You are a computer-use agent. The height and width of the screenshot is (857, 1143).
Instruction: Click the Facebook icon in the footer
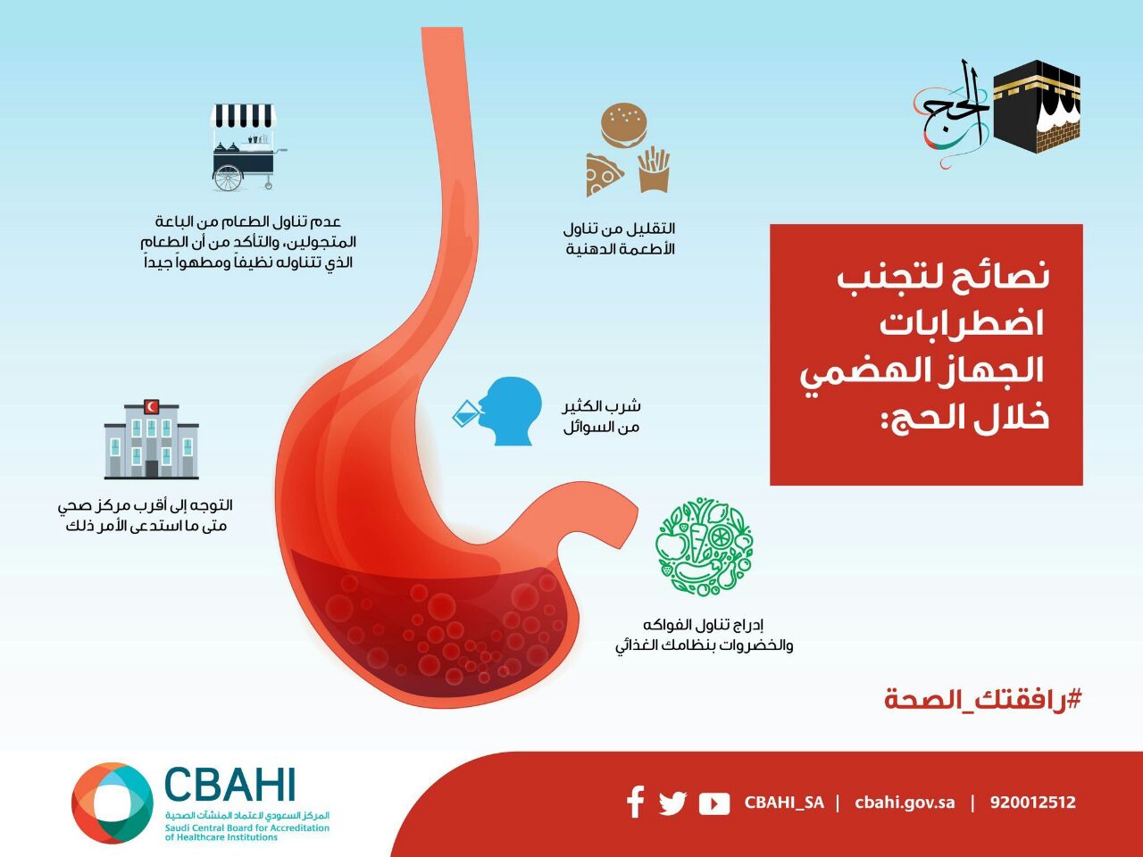(635, 802)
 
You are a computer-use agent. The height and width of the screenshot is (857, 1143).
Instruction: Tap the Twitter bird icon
(672, 803)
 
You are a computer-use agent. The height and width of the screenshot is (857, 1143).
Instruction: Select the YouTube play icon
(713, 804)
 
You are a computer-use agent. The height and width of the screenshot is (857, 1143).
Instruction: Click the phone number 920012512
(1032, 803)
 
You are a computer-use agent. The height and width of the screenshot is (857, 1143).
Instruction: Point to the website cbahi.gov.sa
(905, 803)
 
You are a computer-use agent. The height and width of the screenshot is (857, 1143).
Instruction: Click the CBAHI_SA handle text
(784, 803)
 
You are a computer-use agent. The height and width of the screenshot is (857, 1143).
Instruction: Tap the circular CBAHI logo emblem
(112, 803)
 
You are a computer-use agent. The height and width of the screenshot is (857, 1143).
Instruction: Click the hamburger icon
(624, 125)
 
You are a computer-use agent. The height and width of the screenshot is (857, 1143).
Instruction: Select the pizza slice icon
(603, 174)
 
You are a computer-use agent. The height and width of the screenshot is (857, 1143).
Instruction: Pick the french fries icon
(654, 170)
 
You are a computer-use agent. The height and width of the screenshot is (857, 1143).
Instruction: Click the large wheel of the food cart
(228, 178)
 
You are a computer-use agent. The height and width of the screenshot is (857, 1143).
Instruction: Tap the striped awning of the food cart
(243, 117)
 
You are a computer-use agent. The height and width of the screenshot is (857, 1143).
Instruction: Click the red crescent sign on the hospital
(152, 406)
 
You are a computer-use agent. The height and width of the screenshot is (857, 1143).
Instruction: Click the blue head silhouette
(510, 411)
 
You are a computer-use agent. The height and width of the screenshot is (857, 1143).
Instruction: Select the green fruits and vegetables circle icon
(704, 546)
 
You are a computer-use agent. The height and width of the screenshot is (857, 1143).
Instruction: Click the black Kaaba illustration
(1036, 106)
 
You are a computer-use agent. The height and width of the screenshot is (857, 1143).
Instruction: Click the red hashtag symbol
(1073, 700)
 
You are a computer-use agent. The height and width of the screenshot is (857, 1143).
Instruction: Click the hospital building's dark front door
(152, 469)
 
